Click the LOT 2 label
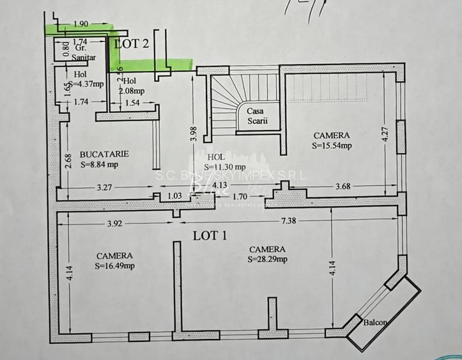click(x=132, y=43)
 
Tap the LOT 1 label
click(x=210, y=235)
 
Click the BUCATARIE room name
click(x=105, y=154)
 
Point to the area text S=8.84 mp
click(x=100, y=164)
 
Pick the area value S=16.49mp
click(x=115, y=265)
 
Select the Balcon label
click(x=374, y=322)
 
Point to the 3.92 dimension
click(x=116, y=224)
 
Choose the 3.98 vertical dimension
click(x=193, y=134)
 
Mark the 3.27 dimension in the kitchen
click(x=105, y=188)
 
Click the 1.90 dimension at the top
click(x=81, y=24)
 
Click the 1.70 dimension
click(x=241, y=196)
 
